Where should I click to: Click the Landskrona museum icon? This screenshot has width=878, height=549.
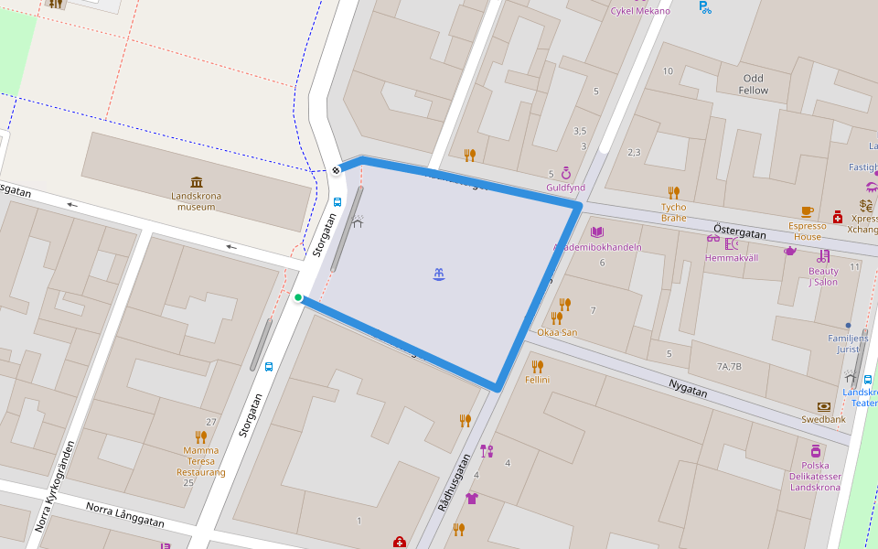(197, 181)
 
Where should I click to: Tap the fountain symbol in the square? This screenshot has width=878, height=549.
(440, 274)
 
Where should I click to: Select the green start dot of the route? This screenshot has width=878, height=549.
(298, 297)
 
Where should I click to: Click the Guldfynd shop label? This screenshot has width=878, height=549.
(565, 188)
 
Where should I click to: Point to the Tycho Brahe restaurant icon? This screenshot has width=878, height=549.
(673, 192)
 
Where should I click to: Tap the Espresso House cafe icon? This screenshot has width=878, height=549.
(807, 211)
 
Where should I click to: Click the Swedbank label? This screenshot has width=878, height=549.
(822, 419)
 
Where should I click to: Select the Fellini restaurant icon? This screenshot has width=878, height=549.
(537, 366)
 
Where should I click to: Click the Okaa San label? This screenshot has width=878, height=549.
(557, 332)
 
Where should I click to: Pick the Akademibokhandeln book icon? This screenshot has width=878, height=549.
(597, 232)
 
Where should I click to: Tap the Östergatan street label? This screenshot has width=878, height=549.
(739, 233)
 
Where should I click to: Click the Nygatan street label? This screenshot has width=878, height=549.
(688, 390)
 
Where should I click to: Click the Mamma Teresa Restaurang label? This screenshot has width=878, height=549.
(200, 461)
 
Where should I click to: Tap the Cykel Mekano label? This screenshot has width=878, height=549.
(640, 11)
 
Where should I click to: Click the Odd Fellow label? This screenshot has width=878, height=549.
(754, 84)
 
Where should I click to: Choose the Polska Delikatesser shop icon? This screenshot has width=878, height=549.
(815, 451)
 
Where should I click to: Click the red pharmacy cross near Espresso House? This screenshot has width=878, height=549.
(837, 217)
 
